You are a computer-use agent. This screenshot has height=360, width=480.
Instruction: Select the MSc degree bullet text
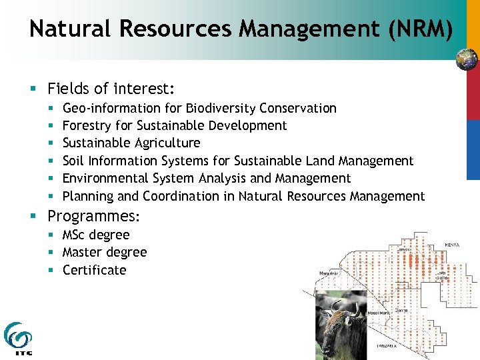[96, 235]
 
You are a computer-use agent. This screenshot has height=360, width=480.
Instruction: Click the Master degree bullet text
[105, 252]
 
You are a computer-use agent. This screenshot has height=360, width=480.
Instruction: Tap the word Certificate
[94, 270]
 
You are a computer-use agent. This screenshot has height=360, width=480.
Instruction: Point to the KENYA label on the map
[453, 245]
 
